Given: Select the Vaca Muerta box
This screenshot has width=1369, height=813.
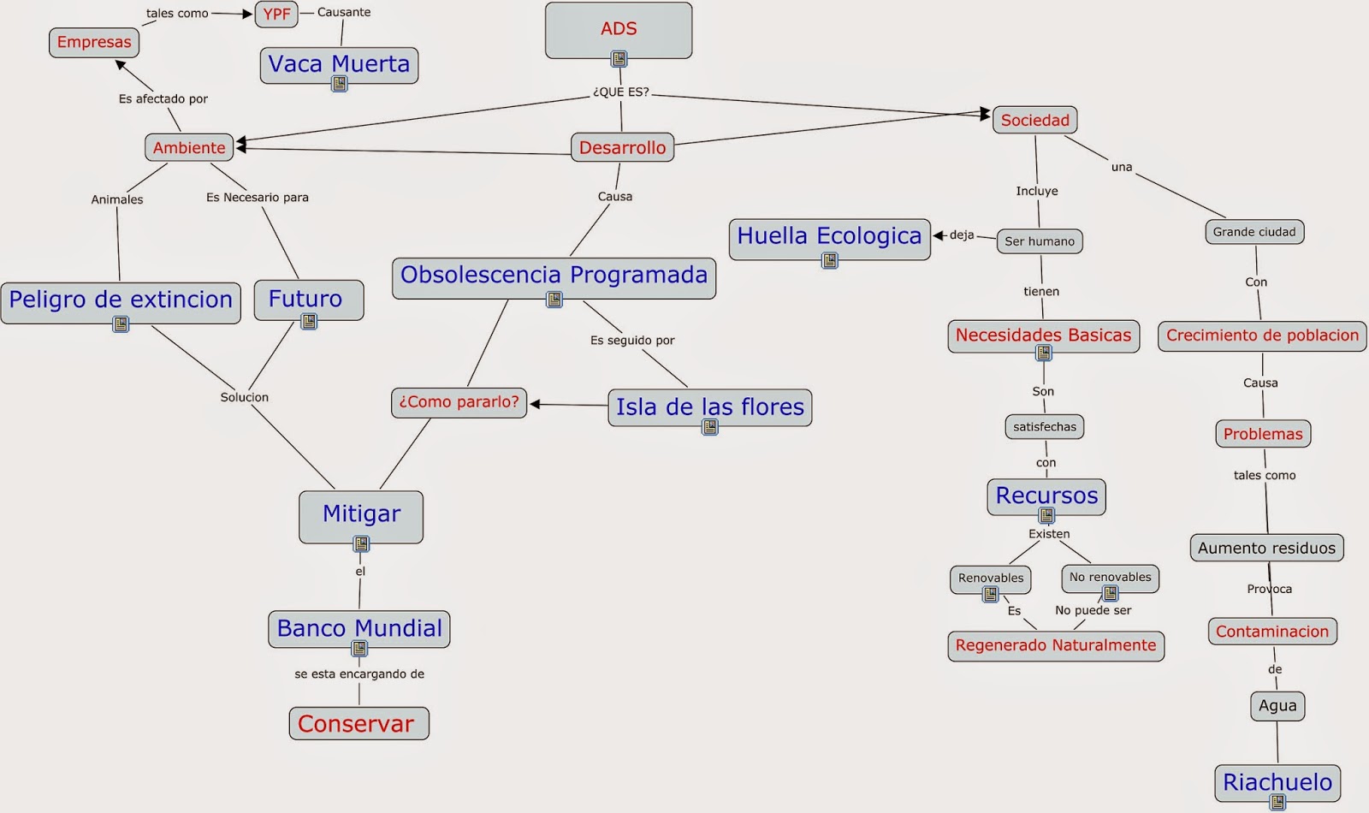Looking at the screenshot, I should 339,64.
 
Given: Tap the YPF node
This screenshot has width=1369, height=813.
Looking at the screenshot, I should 276,14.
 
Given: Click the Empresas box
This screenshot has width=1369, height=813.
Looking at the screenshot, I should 94,42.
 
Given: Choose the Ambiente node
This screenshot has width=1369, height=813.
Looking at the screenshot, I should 189,147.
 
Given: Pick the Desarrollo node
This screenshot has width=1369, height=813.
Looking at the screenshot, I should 622,147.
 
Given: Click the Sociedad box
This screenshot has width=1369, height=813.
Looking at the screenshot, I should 1034,120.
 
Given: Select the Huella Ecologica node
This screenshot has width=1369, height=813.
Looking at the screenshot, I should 829,236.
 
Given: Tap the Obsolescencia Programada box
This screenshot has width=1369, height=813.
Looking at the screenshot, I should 554,276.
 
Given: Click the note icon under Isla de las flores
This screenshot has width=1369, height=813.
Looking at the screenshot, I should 710,427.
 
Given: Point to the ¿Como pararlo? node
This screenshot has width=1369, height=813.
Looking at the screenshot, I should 459,402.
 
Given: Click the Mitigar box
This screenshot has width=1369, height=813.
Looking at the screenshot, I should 361,514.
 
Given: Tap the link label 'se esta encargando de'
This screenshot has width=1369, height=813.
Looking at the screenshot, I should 359,674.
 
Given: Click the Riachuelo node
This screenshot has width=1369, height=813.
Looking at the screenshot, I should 1277,781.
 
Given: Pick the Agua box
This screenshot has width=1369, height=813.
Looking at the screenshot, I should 1277,706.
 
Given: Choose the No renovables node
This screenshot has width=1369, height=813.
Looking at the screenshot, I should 1110,577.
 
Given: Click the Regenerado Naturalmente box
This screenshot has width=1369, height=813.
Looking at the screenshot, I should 1055,645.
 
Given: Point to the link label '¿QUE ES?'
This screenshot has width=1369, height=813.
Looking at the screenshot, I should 621,92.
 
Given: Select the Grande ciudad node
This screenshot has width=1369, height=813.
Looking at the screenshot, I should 1254,232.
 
